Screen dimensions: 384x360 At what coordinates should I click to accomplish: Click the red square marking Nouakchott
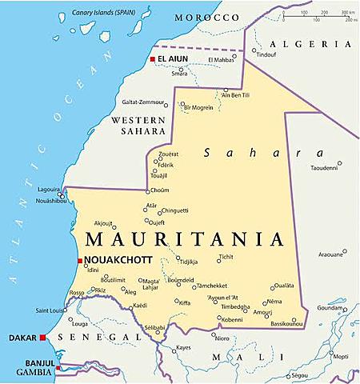point(79,261)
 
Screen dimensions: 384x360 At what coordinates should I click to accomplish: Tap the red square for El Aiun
point(151,59)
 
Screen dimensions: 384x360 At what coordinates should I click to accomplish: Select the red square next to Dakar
point(42,338)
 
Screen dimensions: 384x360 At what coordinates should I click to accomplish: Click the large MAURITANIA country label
point(184,239)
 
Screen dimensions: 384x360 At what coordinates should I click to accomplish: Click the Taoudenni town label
point(325,168)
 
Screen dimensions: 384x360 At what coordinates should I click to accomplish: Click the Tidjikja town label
point(187,262)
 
